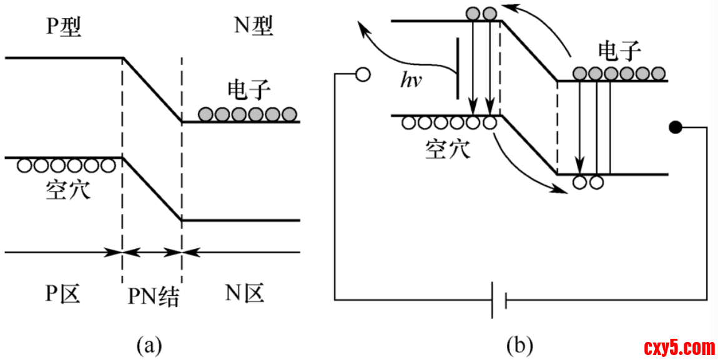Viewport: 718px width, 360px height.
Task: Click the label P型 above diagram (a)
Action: [x=64, y=27]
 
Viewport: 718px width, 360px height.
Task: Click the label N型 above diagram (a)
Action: [x=252, y=26]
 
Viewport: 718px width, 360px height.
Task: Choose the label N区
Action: [x=245, y=292]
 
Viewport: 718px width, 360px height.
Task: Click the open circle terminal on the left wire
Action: [x=362, y=75]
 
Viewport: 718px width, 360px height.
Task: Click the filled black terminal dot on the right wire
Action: [x=675, y=128]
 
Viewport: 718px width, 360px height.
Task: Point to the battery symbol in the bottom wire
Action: [x=498, y=301]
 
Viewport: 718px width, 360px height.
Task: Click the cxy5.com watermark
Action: [x=679, y=347]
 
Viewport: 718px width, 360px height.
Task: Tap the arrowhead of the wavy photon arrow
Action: [x=361, y=26]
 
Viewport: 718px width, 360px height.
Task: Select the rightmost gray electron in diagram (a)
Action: [x=288, y=114]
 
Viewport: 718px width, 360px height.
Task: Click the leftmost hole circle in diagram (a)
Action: [x=25, y=166]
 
